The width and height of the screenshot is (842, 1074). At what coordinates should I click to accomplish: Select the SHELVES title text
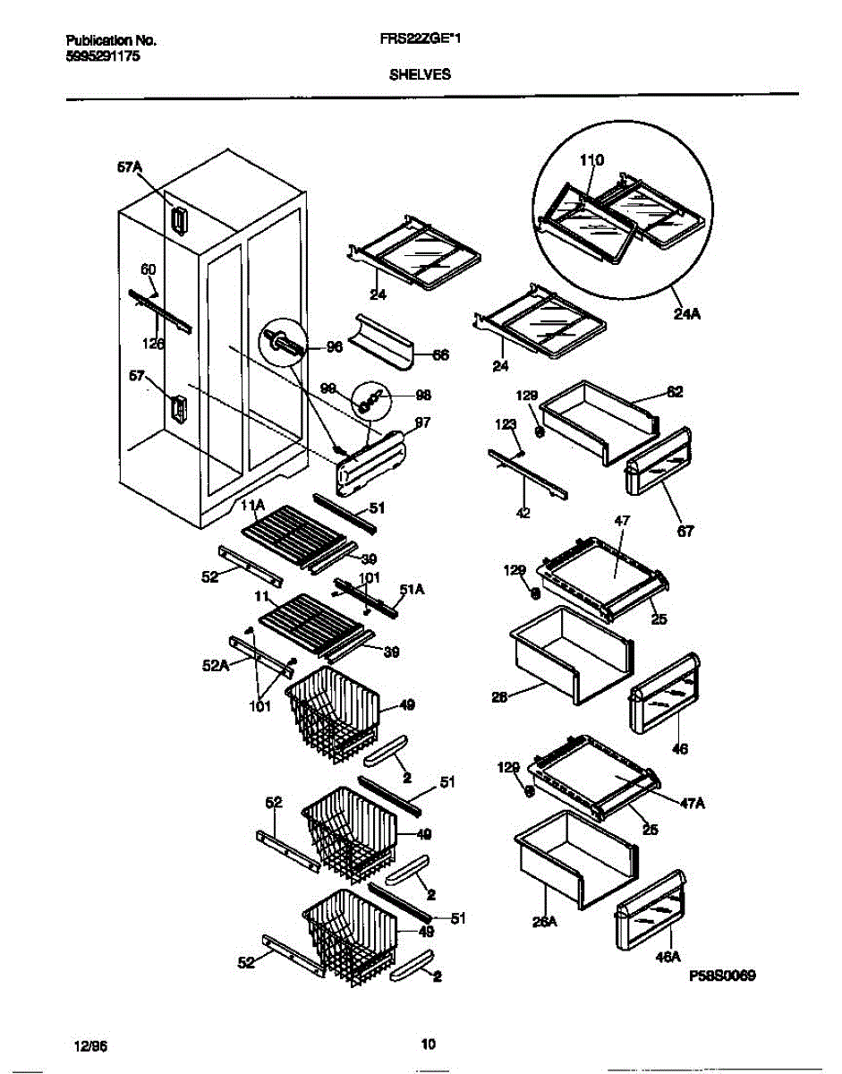[420, 75]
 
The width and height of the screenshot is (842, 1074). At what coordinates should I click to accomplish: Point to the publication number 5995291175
[103, 55]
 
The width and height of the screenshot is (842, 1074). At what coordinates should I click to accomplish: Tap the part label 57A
[129, 166]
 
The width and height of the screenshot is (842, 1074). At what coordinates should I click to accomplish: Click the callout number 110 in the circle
[591, 160]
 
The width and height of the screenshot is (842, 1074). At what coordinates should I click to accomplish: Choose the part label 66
[440, 355]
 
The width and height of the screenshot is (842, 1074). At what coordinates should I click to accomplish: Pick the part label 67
[686, 531]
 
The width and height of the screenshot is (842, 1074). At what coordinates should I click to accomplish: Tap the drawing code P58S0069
[723, 976]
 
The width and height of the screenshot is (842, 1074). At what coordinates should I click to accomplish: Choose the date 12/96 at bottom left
[87, 1044]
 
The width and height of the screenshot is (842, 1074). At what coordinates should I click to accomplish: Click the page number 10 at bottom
[428, 1044]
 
